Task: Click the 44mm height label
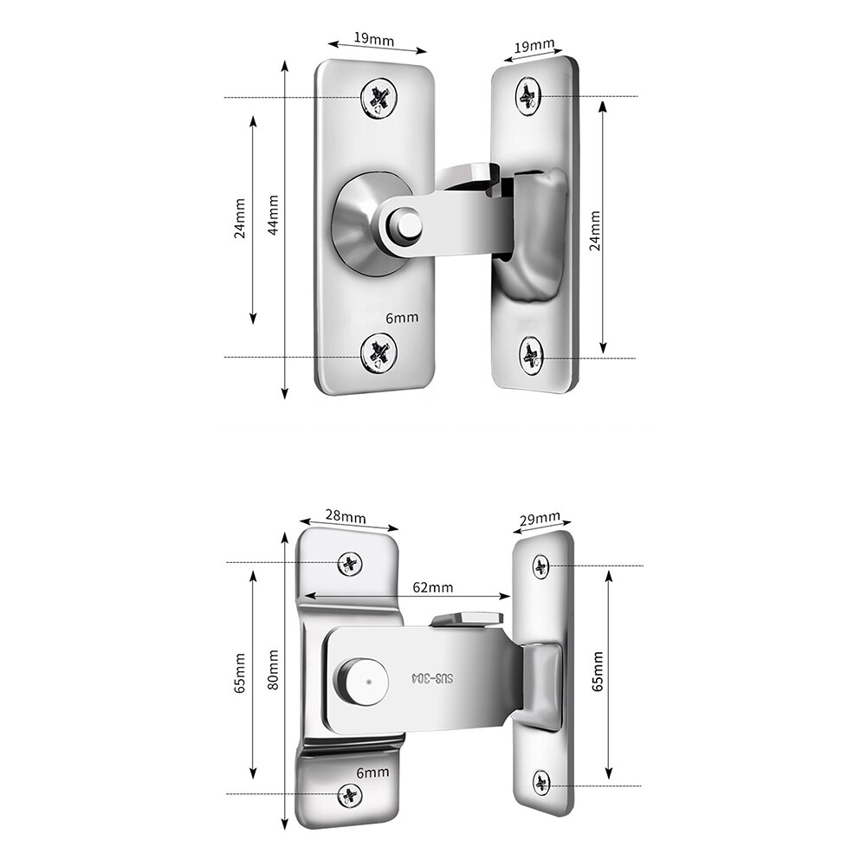coord(274,214)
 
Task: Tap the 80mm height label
coord(275,670)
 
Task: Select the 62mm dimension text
coord(432,587)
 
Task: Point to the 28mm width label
coord(346,517)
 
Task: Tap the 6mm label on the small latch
coord(402,318)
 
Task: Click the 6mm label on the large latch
coord(373,772)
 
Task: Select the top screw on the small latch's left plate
coord(379,96)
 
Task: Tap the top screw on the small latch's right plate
coord(528,95)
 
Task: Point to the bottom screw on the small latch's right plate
coord(530,354)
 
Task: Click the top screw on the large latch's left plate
coord(350,565)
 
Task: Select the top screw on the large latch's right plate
coord(541,566)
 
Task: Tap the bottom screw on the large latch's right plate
coord(541,783)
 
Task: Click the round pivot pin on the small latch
coord(406,226)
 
